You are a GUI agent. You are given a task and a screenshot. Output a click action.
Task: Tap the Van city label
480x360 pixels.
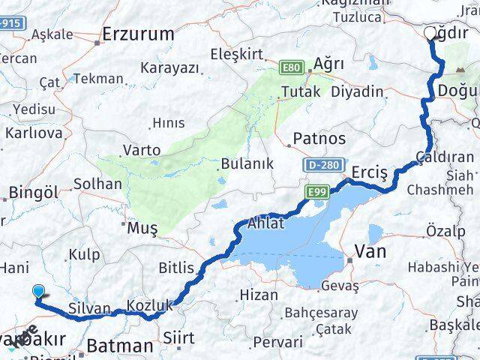coord(370,251)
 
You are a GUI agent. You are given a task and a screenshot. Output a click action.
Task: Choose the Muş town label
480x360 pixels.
coord(142,227)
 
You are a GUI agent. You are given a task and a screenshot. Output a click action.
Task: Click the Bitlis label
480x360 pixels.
coord(176,268)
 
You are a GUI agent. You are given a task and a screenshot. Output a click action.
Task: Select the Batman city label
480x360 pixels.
coord(120,346)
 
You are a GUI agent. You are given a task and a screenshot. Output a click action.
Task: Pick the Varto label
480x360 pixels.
coord(142,150)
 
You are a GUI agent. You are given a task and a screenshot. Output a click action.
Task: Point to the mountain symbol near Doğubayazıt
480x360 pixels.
coord(459,70)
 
